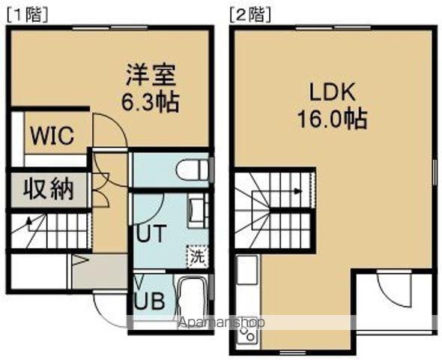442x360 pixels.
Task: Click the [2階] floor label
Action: point(251,14)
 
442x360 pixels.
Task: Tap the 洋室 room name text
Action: point(151,76)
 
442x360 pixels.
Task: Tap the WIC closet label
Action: point(52,136)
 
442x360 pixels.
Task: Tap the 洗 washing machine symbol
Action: point(196,256)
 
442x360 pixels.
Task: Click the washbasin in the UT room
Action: point(196,211)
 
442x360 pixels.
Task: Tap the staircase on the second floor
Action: point(273,210)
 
